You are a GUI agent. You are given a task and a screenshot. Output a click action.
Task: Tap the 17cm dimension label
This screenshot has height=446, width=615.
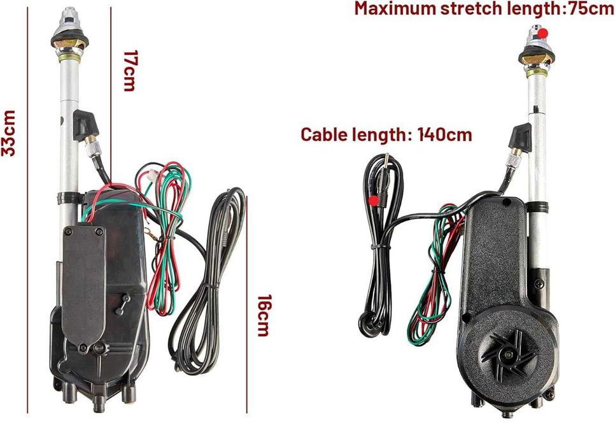[129, 71]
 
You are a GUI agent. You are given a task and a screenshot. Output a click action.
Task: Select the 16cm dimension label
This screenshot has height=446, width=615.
[263, 315]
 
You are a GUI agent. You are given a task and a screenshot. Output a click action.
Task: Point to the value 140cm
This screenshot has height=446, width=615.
[444, 134]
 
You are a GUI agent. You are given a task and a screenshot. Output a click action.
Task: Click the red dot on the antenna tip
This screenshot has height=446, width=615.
[542, 34]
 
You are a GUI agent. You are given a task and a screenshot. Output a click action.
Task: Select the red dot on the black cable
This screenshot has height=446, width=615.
[374, 201]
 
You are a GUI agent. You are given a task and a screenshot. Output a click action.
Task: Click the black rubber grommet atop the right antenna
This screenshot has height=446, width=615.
[536, 57]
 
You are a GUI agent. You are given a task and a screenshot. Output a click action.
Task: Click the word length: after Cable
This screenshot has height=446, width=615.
[383, 134]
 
